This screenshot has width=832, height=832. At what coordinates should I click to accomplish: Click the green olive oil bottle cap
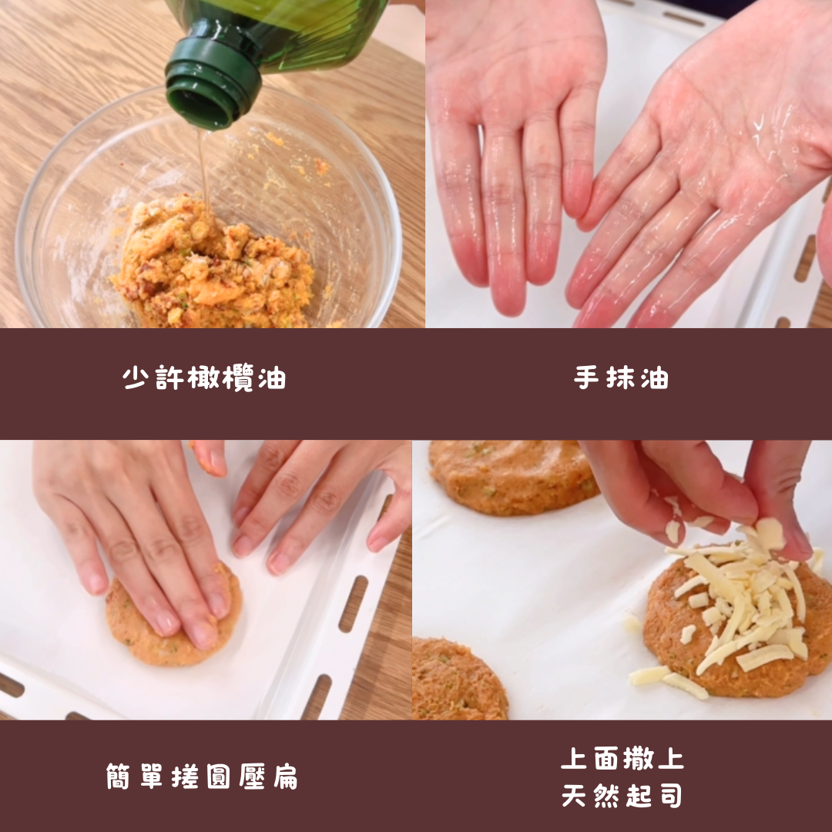tap(213, 79)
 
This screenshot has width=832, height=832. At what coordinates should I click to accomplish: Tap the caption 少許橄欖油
tap(204, 377)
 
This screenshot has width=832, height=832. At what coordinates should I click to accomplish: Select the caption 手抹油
tap(621, 377)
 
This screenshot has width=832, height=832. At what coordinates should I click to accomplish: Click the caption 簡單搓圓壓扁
tap(202, 777)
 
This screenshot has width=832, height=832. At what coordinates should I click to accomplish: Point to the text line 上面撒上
tap(622, 758)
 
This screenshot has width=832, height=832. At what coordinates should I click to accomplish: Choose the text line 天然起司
tap(622, 795)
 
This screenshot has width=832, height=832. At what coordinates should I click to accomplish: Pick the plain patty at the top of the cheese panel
tap(512, 477)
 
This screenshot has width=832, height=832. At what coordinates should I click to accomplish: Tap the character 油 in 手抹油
tap(654, 377)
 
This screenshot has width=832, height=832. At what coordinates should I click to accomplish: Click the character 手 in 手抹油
tap(587, 377)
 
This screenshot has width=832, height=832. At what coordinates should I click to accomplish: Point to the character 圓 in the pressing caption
tap(218, 777)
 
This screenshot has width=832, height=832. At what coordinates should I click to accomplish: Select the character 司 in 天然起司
tap(671, 795)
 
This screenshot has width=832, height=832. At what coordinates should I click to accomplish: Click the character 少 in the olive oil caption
tap(136, 377)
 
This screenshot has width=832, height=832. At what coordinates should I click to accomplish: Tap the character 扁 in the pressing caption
tap(286, 777)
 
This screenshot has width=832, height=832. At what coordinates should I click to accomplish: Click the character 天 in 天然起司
tap(574, 795)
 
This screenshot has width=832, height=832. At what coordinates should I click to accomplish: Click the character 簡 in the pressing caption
tap(118, 777)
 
